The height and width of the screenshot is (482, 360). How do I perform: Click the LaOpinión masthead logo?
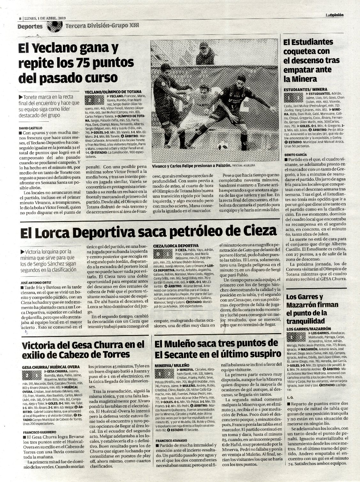click(334, 15)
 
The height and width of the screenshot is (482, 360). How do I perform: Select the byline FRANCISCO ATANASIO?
click(172, 440)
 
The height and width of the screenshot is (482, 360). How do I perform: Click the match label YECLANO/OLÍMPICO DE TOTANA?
click(113, 92)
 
